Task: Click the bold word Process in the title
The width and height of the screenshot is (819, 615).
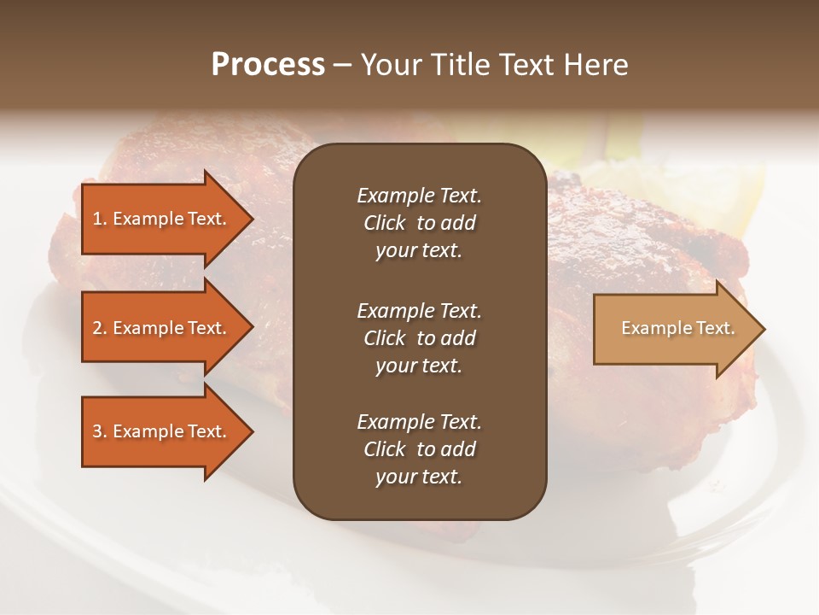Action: [268, 65]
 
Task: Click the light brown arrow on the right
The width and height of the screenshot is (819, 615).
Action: [674, 329]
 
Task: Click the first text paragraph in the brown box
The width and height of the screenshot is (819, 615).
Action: [419, 223]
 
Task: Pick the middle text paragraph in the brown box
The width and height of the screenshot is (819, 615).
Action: [419, 338]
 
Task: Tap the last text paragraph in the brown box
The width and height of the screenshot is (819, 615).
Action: [419, 449]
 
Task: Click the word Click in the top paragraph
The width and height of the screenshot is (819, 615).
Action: [385, 223]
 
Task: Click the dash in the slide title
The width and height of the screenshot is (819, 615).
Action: [342, 66]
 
